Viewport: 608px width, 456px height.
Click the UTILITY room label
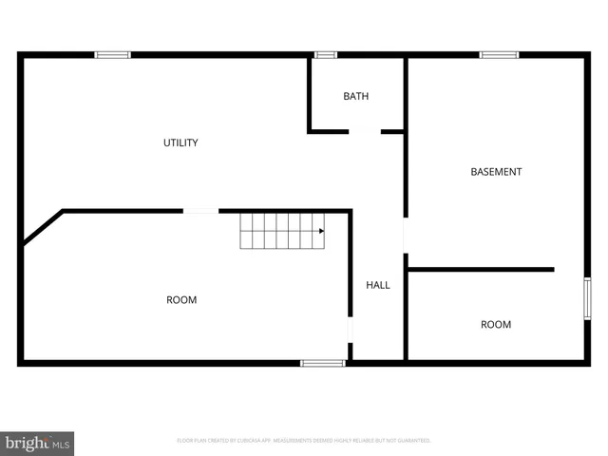click(180, 143)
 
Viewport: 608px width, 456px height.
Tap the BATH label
click(356, 97)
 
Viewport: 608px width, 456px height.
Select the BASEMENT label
click(496, 172)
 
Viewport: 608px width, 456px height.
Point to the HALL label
click(378, 285)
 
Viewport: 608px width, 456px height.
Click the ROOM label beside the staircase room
click(181, 300)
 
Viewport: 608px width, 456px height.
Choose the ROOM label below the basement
click(496, 325)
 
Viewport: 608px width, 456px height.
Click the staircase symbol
click(281, 231)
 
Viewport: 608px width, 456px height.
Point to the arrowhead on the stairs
click(321, 231)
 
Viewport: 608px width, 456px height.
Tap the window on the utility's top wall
click(112, 55)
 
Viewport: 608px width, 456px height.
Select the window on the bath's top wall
click(326, 55)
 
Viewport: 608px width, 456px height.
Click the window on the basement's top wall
click(499, 55)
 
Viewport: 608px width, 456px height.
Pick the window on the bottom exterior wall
click(323, 363)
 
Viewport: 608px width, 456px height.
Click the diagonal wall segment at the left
click(42, 228)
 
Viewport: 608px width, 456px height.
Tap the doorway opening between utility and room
click(200, 211)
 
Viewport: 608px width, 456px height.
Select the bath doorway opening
click(365, 132)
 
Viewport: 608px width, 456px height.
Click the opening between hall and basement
click(406, 236)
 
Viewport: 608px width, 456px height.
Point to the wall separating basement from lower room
click(481, 270)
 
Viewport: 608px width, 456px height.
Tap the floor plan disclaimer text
click(304, 441)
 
